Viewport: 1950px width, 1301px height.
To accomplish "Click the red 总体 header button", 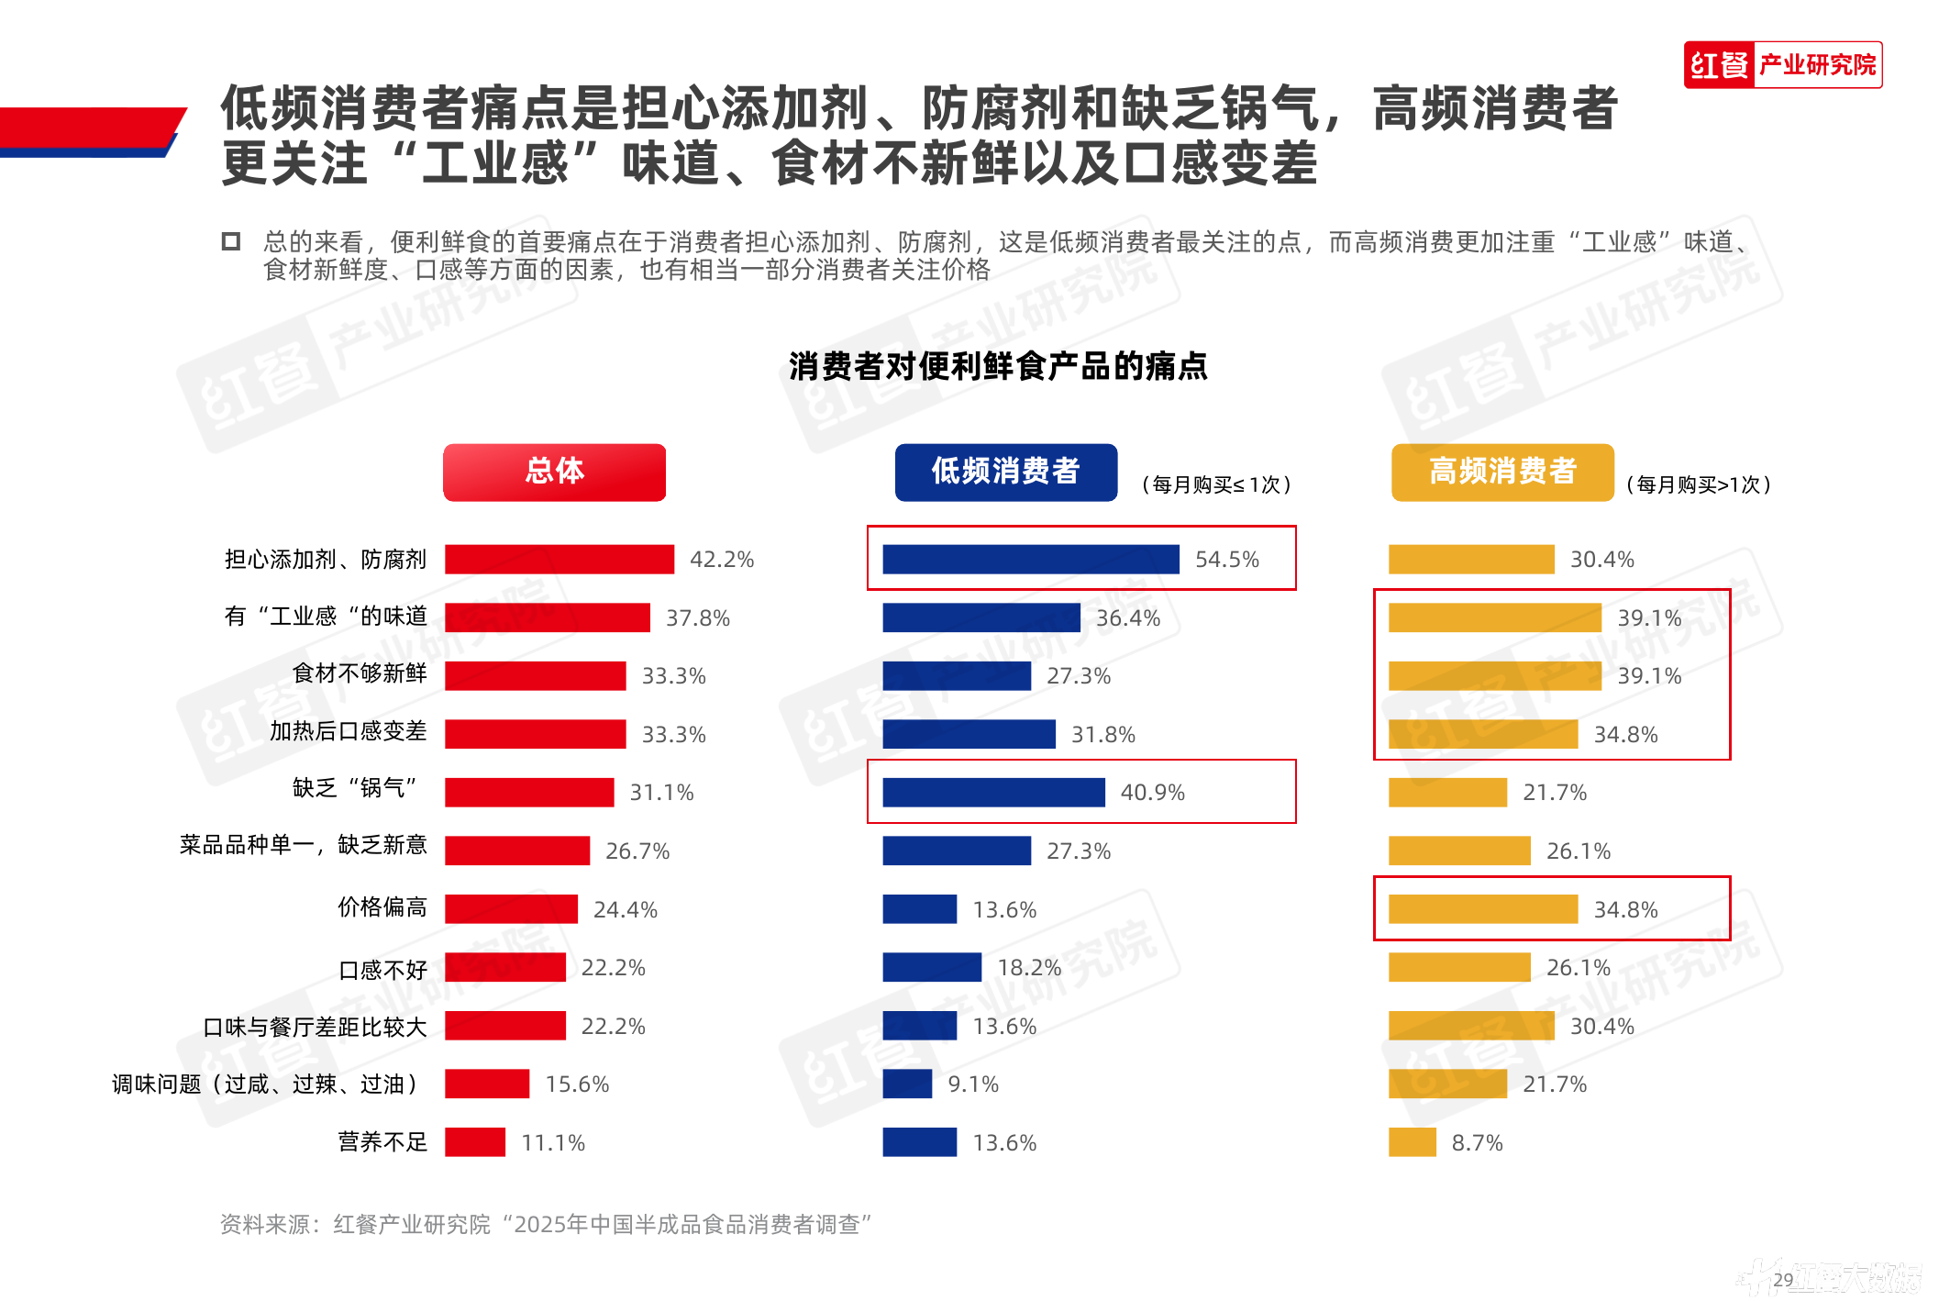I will tap(554, 472).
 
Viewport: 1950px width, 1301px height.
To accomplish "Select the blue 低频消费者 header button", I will tap(1005, 472).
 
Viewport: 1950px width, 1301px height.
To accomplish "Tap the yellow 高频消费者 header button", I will tap(1501, 472).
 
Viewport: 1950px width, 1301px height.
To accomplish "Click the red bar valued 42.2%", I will tap(559, 559).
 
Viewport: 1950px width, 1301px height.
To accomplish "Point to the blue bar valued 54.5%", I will tap(1030, 559).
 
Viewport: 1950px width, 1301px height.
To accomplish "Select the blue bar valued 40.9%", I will tap(993, 792).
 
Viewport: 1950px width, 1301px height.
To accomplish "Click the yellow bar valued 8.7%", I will tap(1412, 1142).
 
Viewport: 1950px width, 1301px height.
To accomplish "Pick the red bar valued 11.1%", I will tap(474, 1142).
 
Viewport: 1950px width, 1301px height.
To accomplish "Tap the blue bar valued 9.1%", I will tap(906, 1084).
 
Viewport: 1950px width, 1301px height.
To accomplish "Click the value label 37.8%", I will tap(697, 618).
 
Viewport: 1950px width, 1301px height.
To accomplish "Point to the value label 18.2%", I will tap(1028, 968).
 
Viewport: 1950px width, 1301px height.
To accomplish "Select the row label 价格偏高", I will tap(382, 907).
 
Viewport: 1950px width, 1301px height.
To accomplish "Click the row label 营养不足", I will tap(382, 1142).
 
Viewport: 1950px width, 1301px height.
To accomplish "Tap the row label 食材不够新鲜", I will tap(359, 673).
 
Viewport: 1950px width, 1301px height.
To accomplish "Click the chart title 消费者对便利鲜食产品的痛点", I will tap(998, 366).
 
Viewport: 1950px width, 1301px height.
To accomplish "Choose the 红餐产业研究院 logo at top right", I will tap(1782, 65).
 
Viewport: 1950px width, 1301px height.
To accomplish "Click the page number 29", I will tap(1783, 1280).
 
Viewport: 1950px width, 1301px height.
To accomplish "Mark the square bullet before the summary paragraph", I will tap(231, 241).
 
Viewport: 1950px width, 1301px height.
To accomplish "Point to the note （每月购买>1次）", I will tap(1698, 484).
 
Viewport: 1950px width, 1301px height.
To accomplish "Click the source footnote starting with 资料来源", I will tap(546, 1224).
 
